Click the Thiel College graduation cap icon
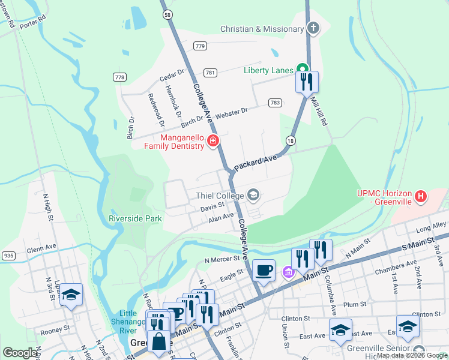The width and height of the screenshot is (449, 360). click(253, 195)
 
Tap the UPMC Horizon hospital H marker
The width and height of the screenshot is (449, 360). click(421, 196)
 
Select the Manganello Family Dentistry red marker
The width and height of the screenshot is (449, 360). click(212, 141)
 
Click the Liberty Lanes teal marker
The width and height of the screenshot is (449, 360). click(304, 70)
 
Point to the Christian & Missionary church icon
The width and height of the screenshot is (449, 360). click(313, 28)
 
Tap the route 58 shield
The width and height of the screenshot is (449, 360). click(167, 14)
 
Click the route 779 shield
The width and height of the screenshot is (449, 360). click(200, 46)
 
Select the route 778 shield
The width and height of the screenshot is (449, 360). click(119, 77)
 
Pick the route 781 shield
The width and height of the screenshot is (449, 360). click(210, 73)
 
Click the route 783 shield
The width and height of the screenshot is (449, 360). click(275, 103)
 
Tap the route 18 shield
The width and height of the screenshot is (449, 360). click(291, 140)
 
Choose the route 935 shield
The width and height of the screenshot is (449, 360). click(8, 256)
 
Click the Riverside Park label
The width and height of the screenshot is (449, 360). click(135, 219)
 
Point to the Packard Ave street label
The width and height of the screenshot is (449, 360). click(255, 161)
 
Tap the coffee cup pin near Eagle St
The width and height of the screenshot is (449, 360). click(264, 270)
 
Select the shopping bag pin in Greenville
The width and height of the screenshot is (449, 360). click(157, 343)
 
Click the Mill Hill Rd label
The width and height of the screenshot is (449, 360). click(318, 112)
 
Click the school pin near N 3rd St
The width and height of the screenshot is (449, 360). click(71, 295)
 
